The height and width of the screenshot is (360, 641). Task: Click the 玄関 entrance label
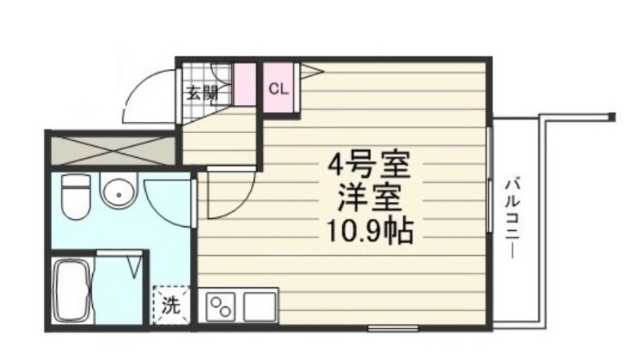[203, 91]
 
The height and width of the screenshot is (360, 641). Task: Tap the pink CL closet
[278, 88]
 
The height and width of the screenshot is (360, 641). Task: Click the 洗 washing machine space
[170, 304]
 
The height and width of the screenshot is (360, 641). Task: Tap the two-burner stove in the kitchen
[221, 306]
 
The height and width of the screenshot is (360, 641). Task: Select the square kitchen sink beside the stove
[260, 306]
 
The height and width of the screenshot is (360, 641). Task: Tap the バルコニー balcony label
[510, 216]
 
